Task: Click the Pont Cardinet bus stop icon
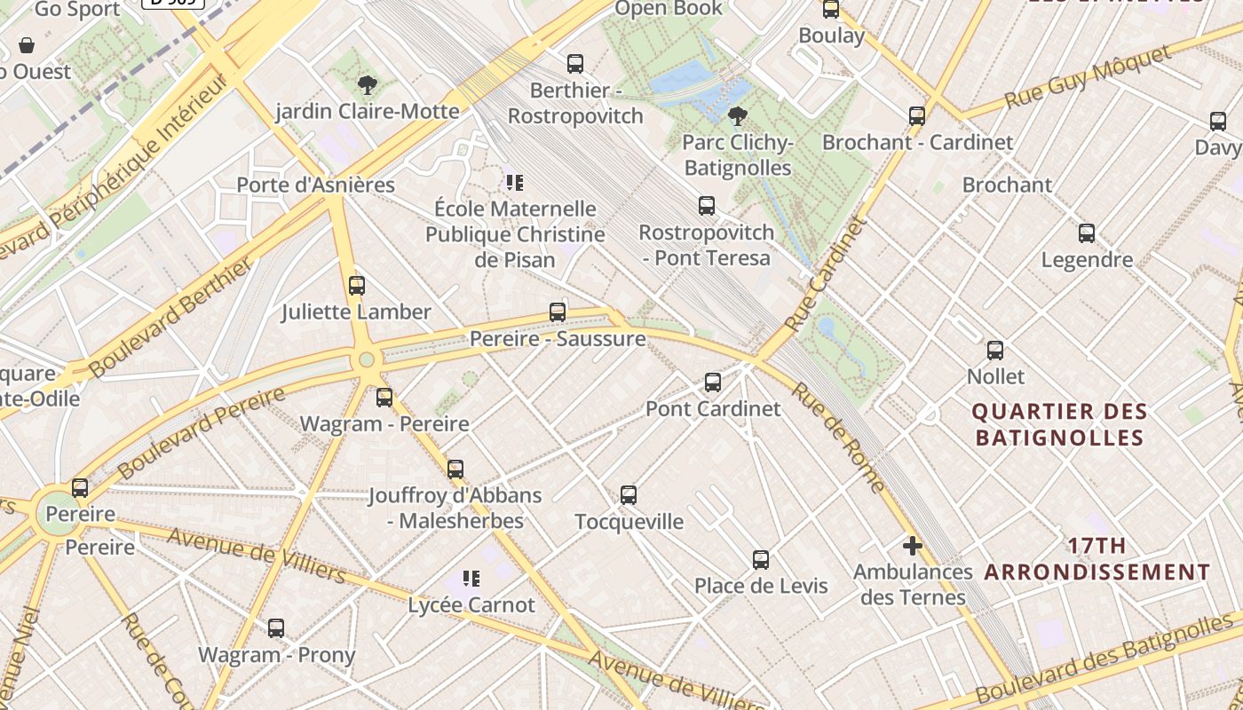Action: tap(712, 383)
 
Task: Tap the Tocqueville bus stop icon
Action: tap(629, 495)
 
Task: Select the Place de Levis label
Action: tap(761, 586)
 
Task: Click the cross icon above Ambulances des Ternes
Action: tap(912, 546)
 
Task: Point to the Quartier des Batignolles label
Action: tap(1059, 424)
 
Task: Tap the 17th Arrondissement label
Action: tap(1097, 559)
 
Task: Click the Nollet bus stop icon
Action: tap(995, 351)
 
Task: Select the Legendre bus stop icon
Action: tap(1087, 233)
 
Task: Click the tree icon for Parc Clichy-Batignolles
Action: tap(737, 115)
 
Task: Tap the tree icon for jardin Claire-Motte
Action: tap(367, 85)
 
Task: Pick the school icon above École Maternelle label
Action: tap(514, 183)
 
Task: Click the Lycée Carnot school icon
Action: tap(471, 579)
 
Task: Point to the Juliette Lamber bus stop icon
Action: tap(357, 286)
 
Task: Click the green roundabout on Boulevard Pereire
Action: tap(366, 359)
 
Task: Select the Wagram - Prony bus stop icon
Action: tap(276, 628)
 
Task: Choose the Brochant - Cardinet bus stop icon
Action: tap(917, 116)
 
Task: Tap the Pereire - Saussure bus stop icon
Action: tap(558, 312)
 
